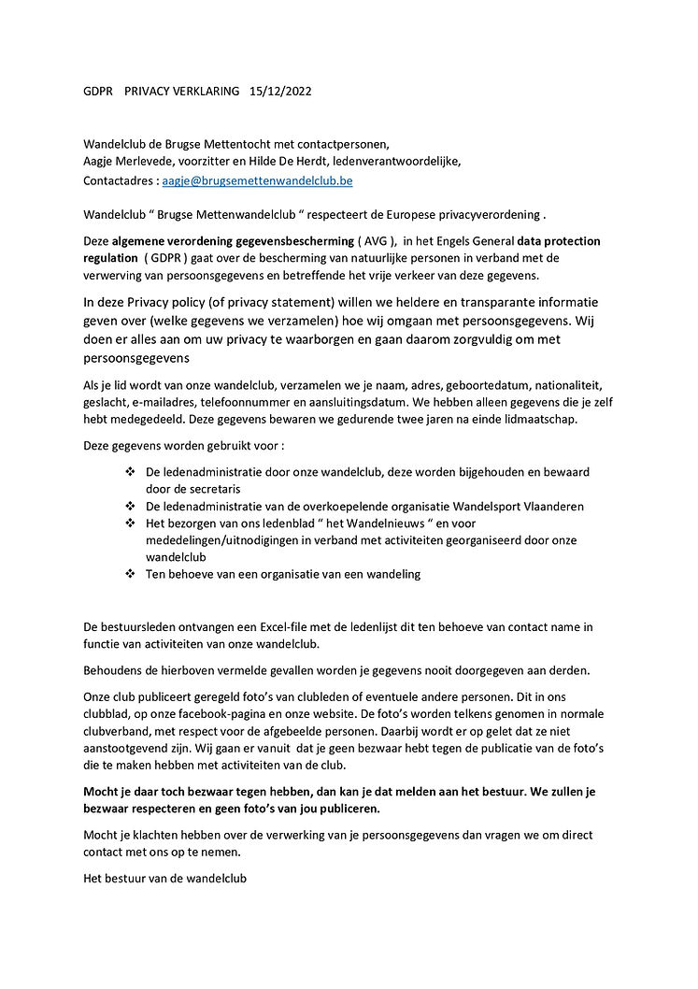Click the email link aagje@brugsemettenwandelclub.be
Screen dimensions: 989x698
(x=257, y=180)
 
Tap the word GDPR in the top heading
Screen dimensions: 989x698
(x=97, y=92)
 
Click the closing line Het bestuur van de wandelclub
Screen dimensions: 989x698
(x=165, y=880)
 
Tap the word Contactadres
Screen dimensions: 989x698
(x=119, y=180)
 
